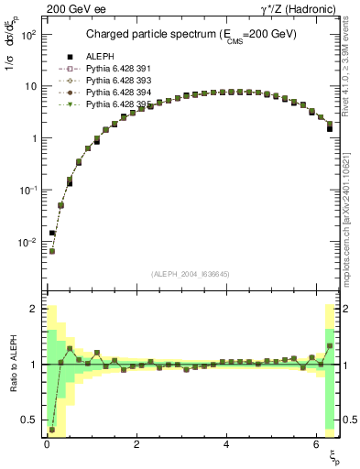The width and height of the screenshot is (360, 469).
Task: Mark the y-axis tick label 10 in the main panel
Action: tap(31, 87)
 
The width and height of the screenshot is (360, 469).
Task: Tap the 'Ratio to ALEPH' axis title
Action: tap(12, 364)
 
